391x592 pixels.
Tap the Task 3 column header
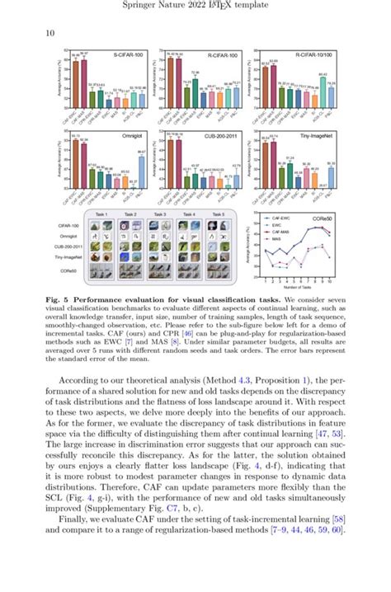click(159, 214)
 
